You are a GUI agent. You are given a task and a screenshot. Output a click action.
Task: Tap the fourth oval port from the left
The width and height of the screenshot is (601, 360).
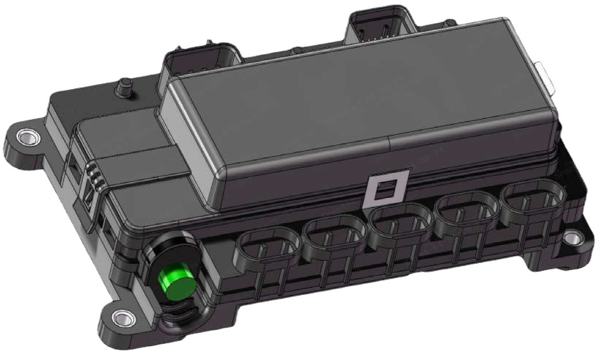pyautogui.click(x=465, y=212)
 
